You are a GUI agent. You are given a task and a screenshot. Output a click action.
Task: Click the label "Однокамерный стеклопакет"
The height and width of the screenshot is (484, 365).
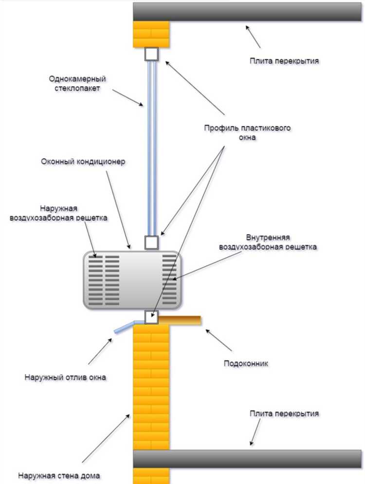(x=77, y=83)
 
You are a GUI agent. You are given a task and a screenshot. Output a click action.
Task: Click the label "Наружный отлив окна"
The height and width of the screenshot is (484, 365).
(x=66, y=376)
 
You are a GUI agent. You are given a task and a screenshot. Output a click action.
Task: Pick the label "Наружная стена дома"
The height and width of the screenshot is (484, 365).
(x=60, y=475)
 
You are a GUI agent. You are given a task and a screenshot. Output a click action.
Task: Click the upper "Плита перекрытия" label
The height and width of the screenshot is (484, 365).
(x=285, y=61)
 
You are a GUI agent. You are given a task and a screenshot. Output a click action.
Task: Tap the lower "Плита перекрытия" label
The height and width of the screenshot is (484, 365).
(x=284, y=413)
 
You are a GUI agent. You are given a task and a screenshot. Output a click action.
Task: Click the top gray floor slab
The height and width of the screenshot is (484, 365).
(x=248, y=12)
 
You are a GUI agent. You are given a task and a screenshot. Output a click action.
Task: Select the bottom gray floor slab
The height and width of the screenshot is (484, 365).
(x=248, y=459)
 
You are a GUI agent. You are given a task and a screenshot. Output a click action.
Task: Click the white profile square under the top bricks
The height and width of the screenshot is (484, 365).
(x=151, y=54)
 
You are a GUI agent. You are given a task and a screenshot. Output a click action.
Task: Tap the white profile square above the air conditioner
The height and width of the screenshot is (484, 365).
(x=151, y=242)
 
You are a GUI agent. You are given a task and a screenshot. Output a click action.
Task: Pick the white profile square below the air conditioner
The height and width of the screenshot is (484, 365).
(x=151, y=316)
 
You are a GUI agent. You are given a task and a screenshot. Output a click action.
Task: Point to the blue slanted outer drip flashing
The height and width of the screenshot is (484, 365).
(x=124, y=327)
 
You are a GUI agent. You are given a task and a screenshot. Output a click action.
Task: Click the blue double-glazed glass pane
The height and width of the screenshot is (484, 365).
(x=151, y=146)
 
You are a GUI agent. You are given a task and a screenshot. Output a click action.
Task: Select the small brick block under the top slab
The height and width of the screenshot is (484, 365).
(x=151, y=34)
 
